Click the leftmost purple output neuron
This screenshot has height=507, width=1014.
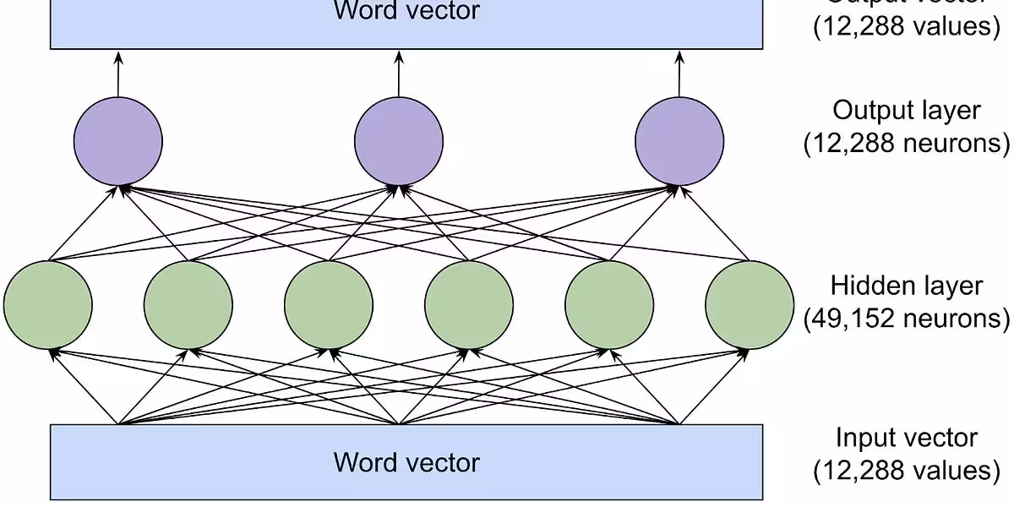pyautogui.click(x=117, y=140)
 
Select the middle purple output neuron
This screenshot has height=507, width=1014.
pyautogui.click(x=398, y=140)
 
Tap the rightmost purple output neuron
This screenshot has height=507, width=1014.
pyautogui.click(x=679, y=140)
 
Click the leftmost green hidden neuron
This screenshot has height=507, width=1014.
pyautogui.click(x=47, y=304)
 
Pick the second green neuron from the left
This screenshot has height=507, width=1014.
pyautogui.click(x=188, y=304)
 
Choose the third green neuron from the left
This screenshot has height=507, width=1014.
pyautogui.click(x=328, y=304)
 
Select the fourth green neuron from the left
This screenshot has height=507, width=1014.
pyautogui.click(x=468, y=304)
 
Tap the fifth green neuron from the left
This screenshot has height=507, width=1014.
pyautogui.click(x=608, y=304)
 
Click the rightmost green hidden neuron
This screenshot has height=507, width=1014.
pyautogui.click(x=749, y=304)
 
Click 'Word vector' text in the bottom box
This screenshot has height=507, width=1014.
pyautogui.click(x=406, y=462)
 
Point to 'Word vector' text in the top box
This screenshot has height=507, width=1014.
pyautogui.click(x=406, y=11)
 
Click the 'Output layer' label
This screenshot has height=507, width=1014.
pyautogui.click(x=906, y=111)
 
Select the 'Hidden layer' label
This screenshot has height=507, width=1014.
pyautogui.click(x=906, y=286)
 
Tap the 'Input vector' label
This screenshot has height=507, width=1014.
pyautogui.click(x=906, y=438)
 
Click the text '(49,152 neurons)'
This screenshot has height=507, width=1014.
pyautogui.click(x=906, y=319)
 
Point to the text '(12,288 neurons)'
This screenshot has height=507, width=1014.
pyautogui.click(x=906, y=143)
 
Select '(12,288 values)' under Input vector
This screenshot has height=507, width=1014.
pyautogui.click(x=906, y=470)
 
